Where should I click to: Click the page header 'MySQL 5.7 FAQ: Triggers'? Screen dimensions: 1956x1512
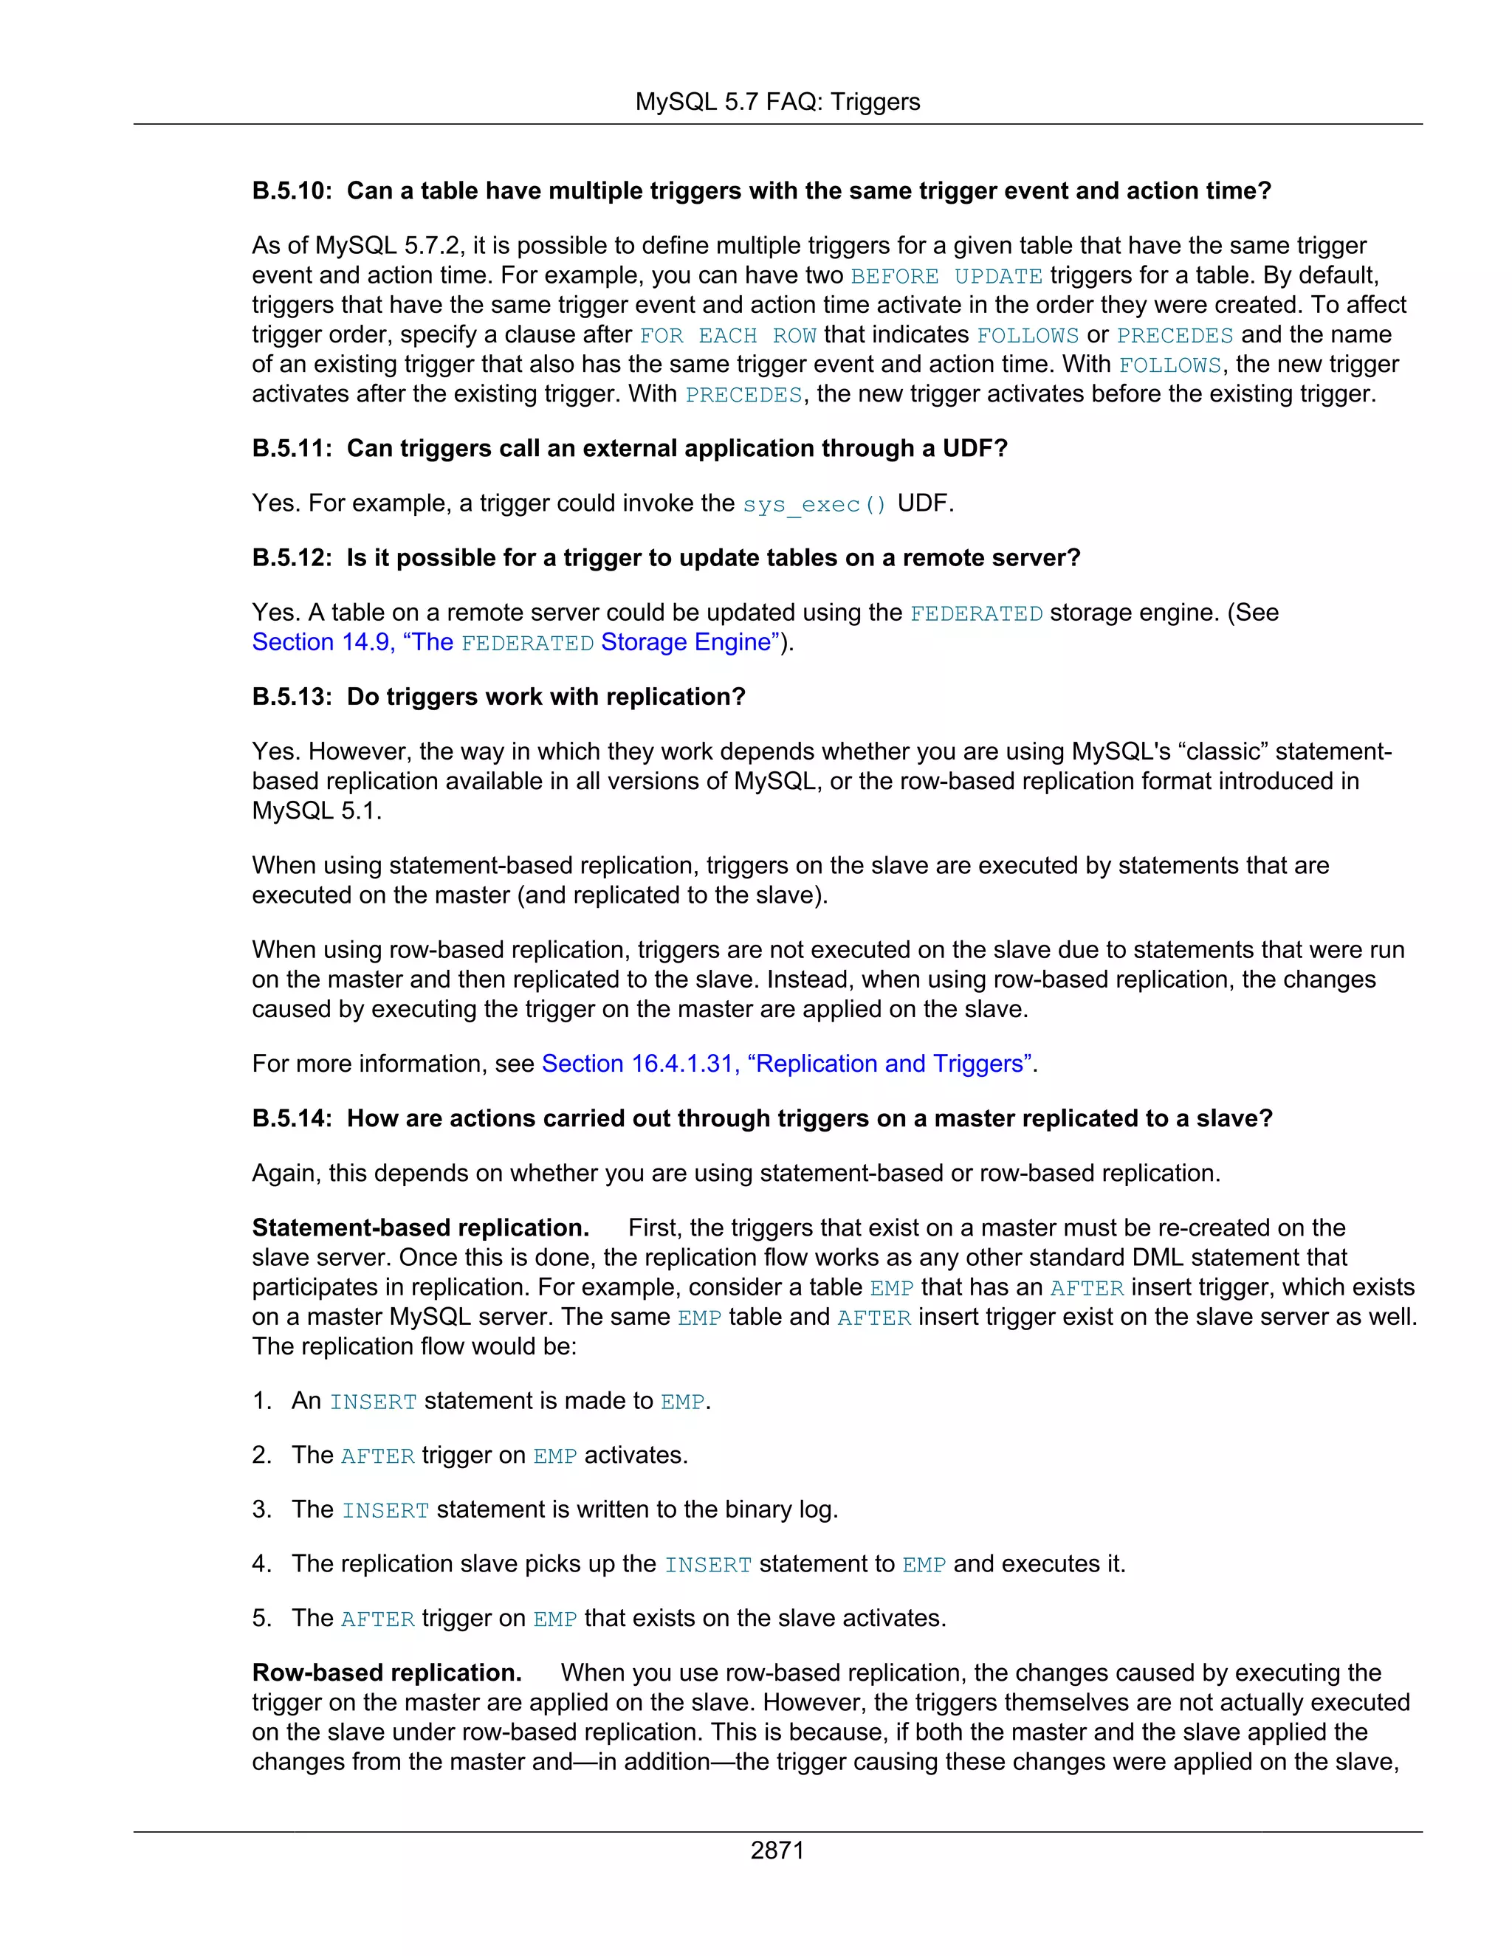pos(777,102)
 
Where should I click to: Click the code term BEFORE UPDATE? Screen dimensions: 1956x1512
pos(946,276)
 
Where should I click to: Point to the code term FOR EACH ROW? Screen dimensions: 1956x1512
pos(727,335)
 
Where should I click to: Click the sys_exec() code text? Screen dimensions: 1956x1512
pos(814,504)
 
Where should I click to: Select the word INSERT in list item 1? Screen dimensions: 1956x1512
pos(373,1402)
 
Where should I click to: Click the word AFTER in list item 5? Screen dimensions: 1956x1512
pos(377,1619)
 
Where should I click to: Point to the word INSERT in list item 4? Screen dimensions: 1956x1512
pos(707,1565)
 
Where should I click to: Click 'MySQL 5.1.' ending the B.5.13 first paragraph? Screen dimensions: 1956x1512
pos(316,810)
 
